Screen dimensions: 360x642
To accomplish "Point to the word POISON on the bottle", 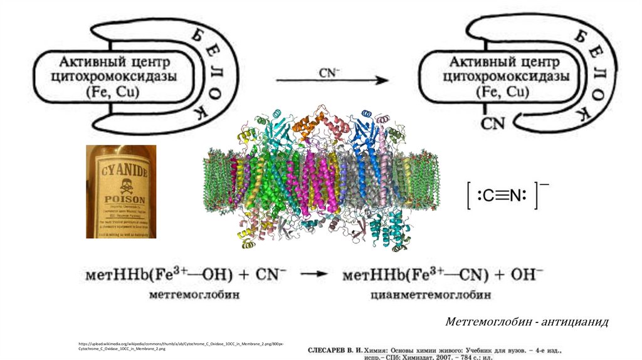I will tap(122, 194).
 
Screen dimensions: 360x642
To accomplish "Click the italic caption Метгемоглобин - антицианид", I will tap(527, 322).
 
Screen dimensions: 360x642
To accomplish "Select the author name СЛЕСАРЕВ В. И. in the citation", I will tap(340, 349).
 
